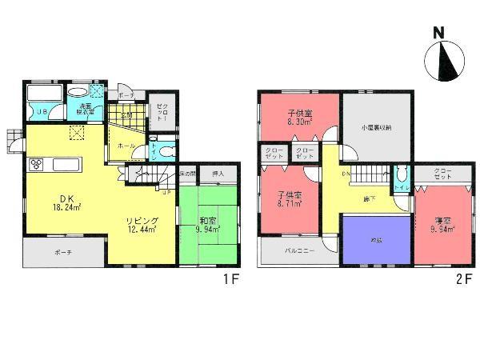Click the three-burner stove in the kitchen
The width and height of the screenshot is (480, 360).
[38, 166]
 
